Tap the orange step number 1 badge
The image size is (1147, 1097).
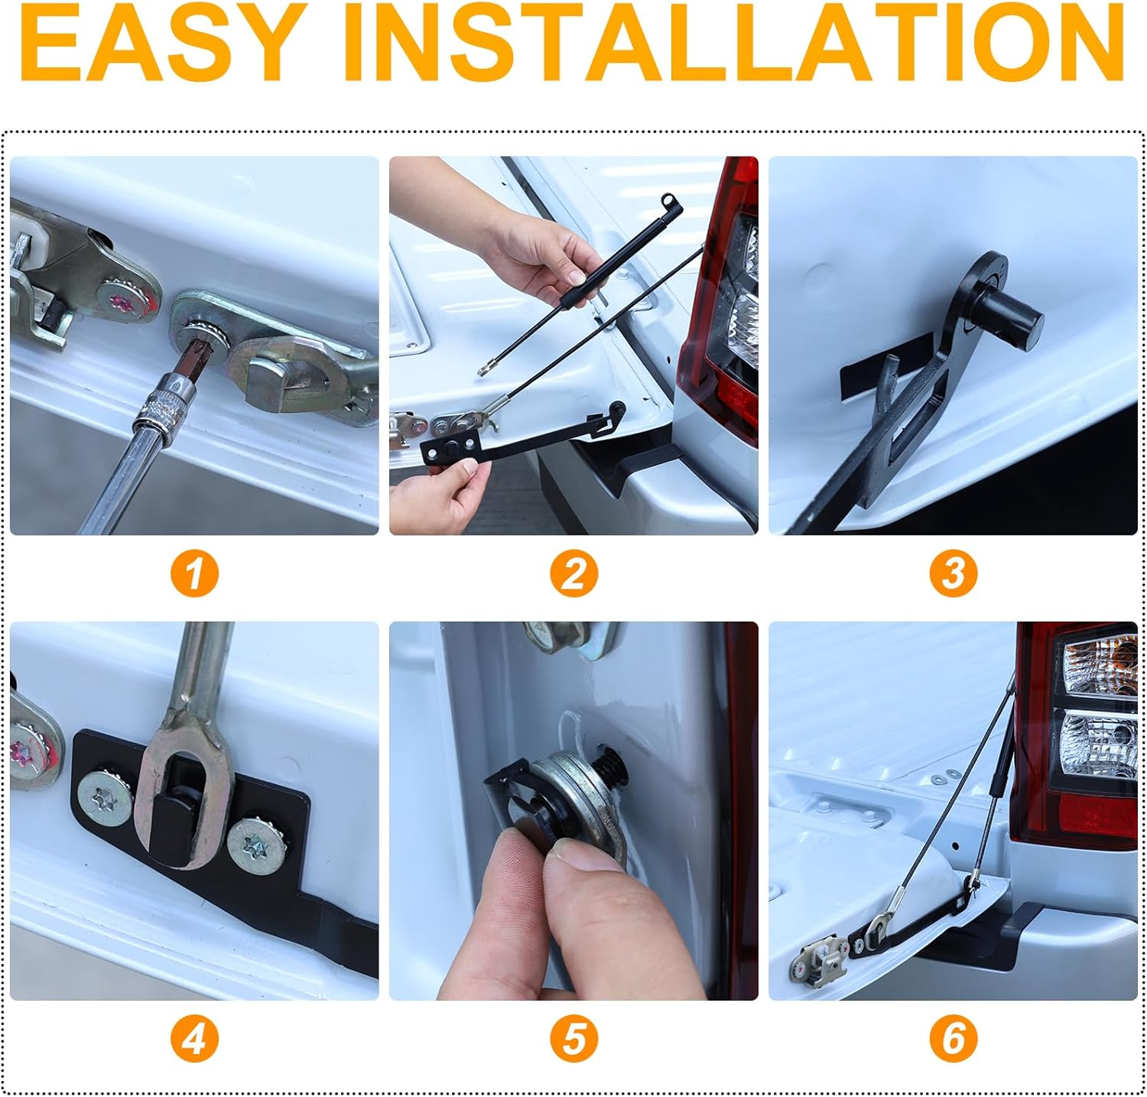tap(194, 573)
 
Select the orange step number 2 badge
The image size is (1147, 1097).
tap(573, 573)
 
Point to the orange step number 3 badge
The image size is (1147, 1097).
tap(953, 573)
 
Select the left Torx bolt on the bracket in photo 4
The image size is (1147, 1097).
tap(106, 799)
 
